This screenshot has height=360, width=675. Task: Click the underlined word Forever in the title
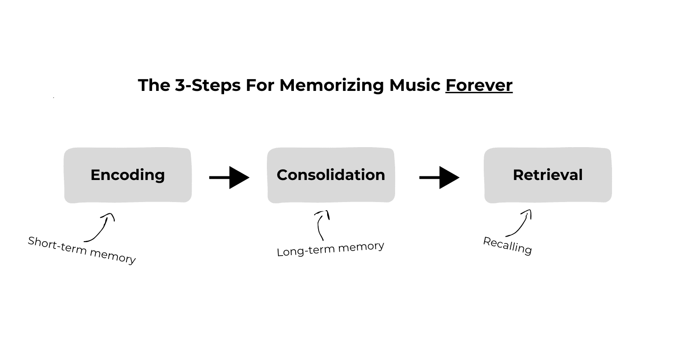[x=479, y=85]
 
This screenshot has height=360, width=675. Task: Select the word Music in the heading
[x=414, y=85]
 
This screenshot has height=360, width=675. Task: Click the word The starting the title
[x=154, y=85]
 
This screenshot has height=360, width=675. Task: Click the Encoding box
[x=128, y=175]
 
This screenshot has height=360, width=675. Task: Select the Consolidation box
[x=331, y=175]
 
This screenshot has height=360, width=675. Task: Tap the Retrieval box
[x=548, y=175]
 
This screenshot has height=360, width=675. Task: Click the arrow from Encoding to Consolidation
[x=229, y=177]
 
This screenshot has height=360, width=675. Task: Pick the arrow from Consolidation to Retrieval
[x=439, y=177]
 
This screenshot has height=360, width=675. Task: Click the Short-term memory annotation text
[x=81, y=250]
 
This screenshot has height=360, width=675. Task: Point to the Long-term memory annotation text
[x=330, y=249]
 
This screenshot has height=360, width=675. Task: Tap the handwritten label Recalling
[x=508, y=246]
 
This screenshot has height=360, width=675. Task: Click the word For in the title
[x=260, y=85]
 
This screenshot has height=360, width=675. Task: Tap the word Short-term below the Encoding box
[x=57, y=246]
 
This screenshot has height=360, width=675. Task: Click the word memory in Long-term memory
[x=361, y=247]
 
